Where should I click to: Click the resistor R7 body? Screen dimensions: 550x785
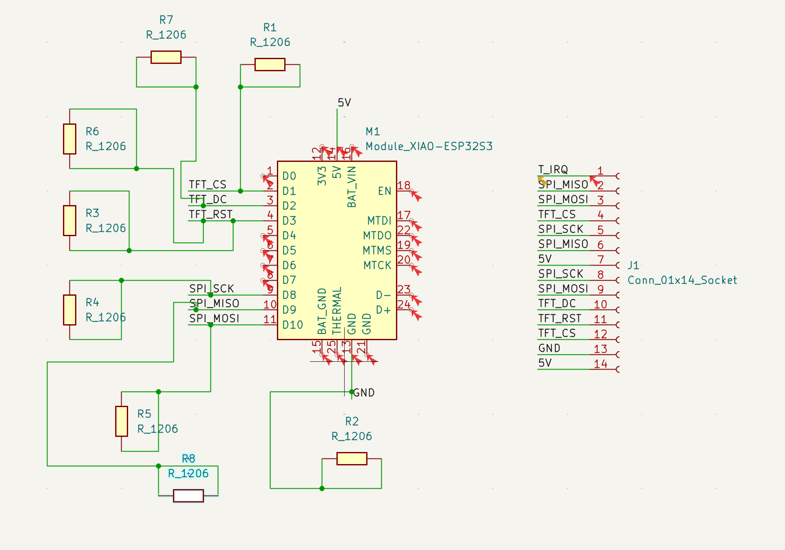tap(166, 57)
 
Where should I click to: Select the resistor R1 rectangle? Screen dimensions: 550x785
tap(270, 64)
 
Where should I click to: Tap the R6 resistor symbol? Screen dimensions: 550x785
tap(69, 139)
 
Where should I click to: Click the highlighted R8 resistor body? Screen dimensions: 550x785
tap(188, 496)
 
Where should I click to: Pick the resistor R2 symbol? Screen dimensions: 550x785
tap(352, 458)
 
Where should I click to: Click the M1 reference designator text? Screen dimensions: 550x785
tap(373, 131)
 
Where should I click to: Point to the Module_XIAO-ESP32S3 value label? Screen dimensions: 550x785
tap(429, 146)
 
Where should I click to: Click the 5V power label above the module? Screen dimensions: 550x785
tap(344, 102)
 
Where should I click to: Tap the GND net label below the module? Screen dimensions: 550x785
tap(364, 392)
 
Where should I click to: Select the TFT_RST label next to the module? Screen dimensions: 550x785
tap(210, 214)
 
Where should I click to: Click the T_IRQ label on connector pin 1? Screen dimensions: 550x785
tap(553, 169)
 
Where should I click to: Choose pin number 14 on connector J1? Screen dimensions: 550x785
tap(600, 364)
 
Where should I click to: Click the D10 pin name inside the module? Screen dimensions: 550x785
tap(292, 325)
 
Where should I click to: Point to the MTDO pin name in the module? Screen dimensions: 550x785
tap(377, 236)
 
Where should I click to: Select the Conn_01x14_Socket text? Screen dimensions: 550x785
tap(682, 280)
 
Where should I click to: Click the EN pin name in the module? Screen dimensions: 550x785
tap(384, 191)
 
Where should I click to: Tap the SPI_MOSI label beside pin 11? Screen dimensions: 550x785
tap(214, 318)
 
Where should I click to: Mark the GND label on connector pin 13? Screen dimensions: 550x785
tap(549, 348)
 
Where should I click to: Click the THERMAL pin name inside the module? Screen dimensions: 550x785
tap(337, 311)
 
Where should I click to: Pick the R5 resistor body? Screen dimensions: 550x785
tap(122, 421)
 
